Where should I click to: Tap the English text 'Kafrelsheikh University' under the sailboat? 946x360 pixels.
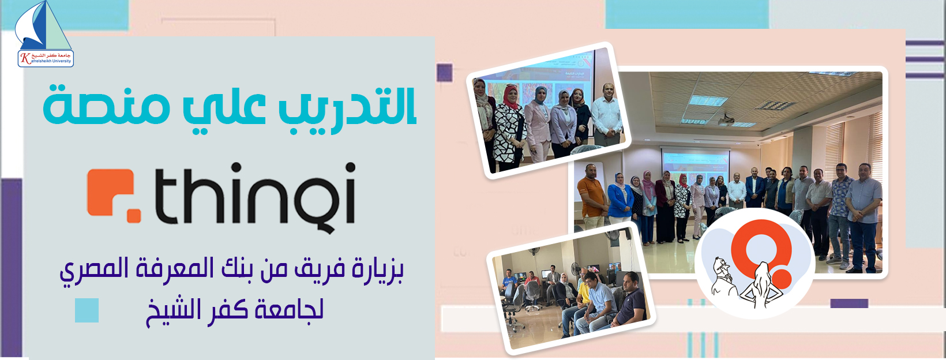pyautogui.click(x=46, y=61)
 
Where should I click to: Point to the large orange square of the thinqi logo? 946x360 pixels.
pyautogui.click(x=111, y=193)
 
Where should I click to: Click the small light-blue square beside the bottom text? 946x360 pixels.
pyautogui.click(x=87, y=310)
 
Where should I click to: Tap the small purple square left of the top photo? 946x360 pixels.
pyautogui.click(x=444, y=72)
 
